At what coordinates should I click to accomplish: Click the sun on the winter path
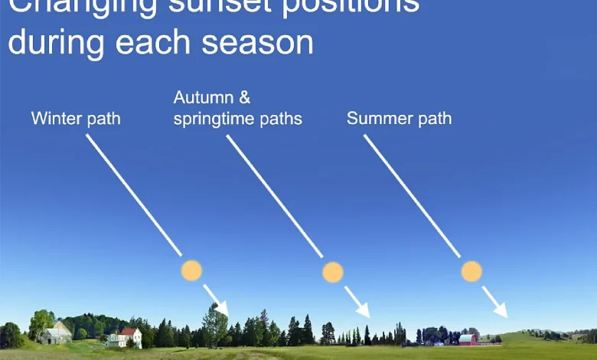coord(191,270)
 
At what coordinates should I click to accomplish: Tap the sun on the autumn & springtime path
coord(333,272)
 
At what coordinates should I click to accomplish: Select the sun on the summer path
coord(471,270)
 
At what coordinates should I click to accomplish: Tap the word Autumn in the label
coord(201,98)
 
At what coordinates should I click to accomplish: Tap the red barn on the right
coord(468,339)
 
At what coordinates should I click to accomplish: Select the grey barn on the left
coord(57,333)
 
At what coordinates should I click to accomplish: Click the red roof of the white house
coord(130,332)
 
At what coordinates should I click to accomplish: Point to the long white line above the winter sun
coord(133,195)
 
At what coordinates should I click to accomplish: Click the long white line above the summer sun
coord(412,196)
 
